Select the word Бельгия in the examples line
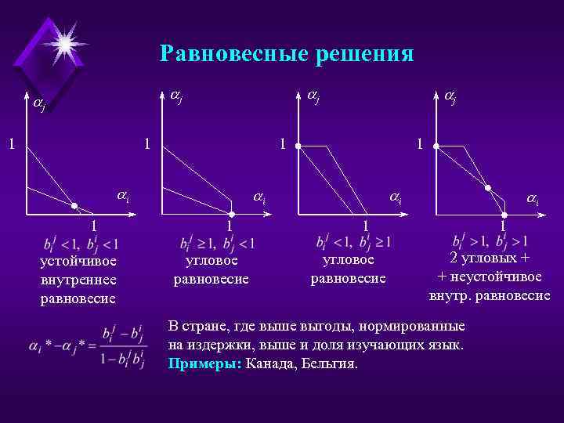(x=331, y=364)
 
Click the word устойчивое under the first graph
(x=78, y=262)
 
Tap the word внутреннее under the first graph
(x=78, y=280)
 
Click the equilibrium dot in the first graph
(x=74, y=205)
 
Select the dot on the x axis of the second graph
(x=231, y=213)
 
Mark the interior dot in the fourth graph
(x=487, y=188)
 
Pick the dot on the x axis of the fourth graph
(x=505, y=213)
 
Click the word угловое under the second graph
(x=211, y=261)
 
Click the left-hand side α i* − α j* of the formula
(x=59, y=345)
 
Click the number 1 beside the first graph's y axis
(x=10, y=144)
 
